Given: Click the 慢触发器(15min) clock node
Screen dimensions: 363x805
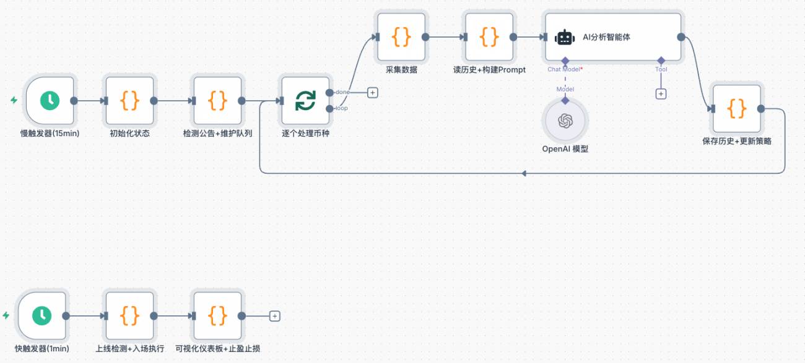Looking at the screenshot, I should (50, 100).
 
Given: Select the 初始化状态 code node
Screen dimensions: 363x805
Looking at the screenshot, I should (129, 100).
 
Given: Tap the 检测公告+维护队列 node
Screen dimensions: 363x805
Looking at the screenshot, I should (217, 100).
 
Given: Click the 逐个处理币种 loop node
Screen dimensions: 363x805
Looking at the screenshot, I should (305, 100).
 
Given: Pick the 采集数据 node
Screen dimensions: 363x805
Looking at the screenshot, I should (401, 37).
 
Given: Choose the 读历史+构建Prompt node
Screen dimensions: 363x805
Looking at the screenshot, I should (489, 37).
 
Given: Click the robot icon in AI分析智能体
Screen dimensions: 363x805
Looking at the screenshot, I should (565, 37).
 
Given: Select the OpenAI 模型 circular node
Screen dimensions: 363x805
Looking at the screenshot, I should (565, 121).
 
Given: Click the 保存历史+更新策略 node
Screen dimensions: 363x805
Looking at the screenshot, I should (736, 109).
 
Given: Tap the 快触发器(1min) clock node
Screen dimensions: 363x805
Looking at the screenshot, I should (42, 315).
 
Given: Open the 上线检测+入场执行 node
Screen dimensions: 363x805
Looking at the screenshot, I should (129, 315).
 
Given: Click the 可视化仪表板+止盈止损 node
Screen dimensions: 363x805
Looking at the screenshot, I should (217, 315).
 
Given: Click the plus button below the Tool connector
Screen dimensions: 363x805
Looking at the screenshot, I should (661, 94).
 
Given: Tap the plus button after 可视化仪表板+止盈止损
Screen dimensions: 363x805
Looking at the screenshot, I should (275, 316).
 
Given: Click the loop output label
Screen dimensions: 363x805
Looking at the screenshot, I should (342, 108).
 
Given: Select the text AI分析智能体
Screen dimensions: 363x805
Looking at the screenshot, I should (606, 37).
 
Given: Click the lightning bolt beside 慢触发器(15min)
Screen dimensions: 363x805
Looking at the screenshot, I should (14, 100).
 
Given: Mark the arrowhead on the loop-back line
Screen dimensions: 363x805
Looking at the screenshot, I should (523, 173).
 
